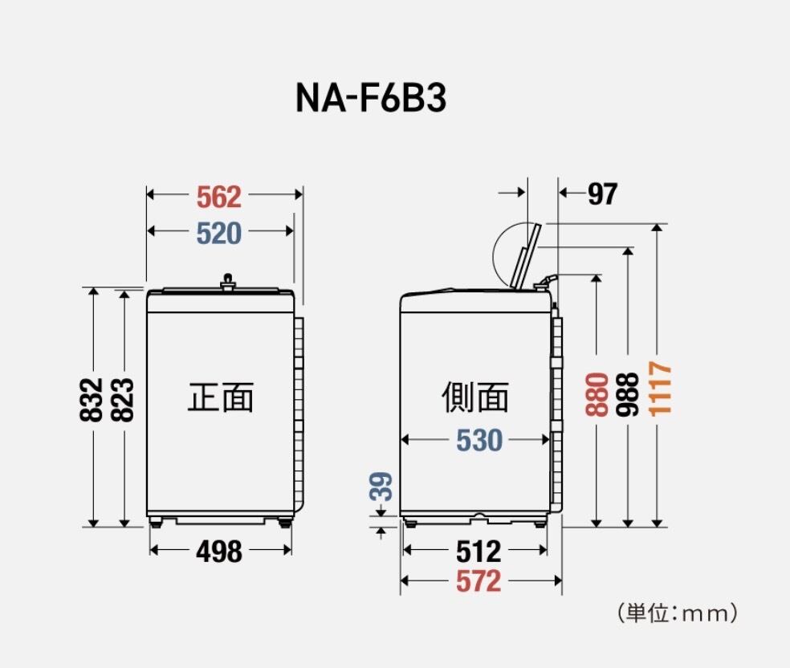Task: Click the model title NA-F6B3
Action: tap(371, 98)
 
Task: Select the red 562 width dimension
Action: tap(218, 195)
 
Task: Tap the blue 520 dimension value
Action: tap(218, 233)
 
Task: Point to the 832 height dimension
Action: tap(93, 399)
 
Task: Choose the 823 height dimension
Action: tap(123, 399)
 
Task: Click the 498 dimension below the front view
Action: tap(218, 552)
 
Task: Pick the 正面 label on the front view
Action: tap(221, 397)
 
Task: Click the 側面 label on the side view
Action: tap(475, 397)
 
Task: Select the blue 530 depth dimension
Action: tap(479, 440)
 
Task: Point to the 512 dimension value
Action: tap(478, 552)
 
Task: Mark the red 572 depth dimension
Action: tap(478, 581)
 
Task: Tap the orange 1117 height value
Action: tap(660, 388)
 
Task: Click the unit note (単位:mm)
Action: tap(678, 614)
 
